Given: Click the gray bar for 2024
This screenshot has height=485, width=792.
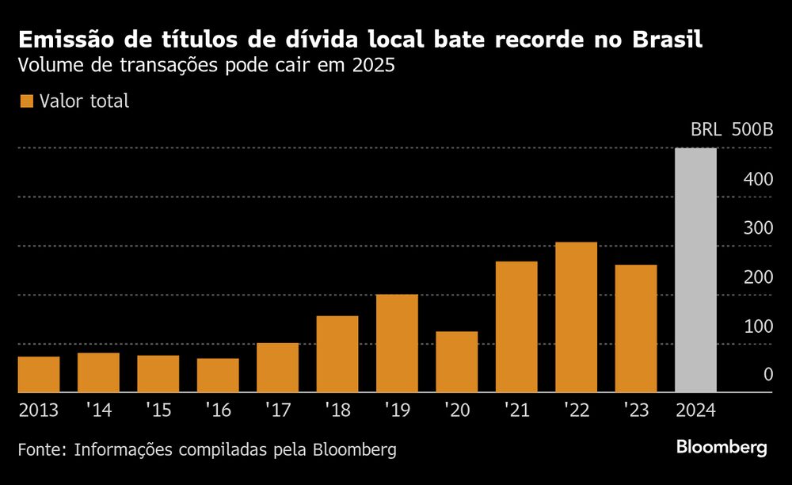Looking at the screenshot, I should [695, 270].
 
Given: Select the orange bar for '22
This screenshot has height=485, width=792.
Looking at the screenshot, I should [576, 317].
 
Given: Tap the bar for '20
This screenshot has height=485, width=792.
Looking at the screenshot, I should [456, 361].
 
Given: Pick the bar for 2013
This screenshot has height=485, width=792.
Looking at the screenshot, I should [39, 374].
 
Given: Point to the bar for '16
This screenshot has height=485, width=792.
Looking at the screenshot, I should [218, 375].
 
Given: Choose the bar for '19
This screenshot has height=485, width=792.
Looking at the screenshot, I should [397, 343].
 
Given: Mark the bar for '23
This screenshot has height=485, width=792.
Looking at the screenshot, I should [636, 328].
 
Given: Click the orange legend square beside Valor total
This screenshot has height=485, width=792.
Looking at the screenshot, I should [26, 101].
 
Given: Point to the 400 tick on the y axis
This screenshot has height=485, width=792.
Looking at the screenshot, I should [758, 180].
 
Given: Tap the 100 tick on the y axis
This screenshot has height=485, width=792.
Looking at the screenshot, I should [758, 326].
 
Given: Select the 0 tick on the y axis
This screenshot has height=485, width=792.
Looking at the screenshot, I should [767, 374].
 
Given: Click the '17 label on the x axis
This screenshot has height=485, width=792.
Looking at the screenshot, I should [277, 411].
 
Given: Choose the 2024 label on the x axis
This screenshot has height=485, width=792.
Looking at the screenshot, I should [695, 411].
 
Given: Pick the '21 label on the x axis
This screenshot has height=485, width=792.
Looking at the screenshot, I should [516, 411].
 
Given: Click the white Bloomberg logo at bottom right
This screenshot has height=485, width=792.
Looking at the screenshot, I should [722, 448].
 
